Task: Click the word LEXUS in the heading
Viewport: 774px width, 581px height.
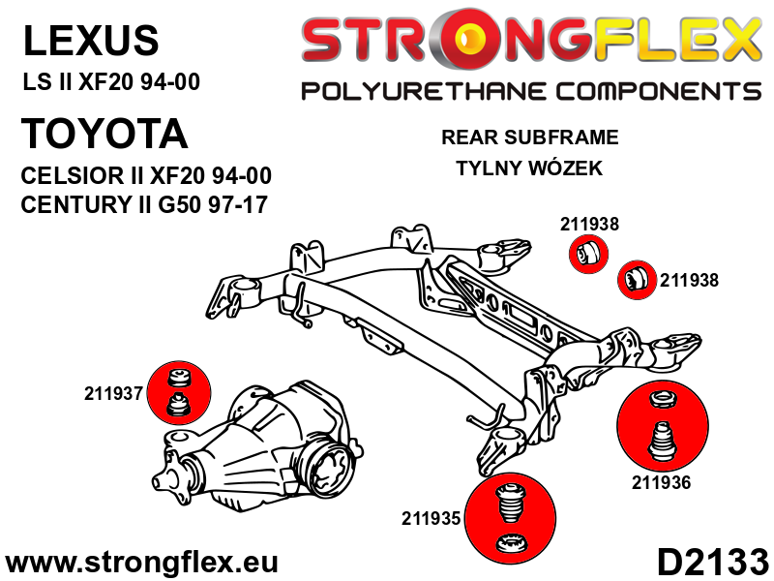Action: tap(89, 41)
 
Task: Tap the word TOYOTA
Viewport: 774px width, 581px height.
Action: tap(104, 134)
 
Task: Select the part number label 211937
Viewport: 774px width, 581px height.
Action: tap(113, 394)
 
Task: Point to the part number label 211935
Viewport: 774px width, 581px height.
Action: tap(432, 519)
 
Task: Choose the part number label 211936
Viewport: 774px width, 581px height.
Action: tap(662, 481)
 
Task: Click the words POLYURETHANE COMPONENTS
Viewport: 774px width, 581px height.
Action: tap(531, 92)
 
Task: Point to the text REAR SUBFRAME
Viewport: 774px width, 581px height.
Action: tap(529, 138)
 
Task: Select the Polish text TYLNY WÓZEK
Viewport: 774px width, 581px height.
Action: tap(529, 168)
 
